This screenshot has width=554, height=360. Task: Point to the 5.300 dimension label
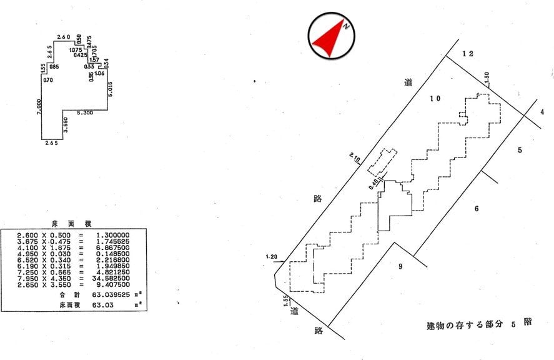click(x=85, y=113)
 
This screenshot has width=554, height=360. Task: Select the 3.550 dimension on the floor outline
click(x=65, y=128)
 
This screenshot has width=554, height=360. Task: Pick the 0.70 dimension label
click(x=47, y=79)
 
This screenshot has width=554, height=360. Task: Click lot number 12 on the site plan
click(x=468, y=54)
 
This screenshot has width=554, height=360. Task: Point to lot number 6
click(x=477, y=208)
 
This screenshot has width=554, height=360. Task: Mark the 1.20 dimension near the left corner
click(x=270, y=256)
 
